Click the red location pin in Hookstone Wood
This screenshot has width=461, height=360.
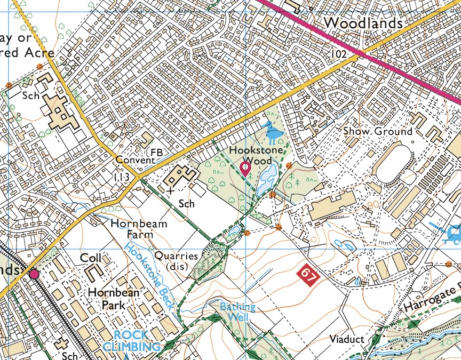pos(245,168)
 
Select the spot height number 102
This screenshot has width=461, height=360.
pos(338,55)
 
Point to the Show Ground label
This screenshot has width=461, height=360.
pos(377,131)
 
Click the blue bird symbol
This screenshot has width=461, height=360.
pos(273,132)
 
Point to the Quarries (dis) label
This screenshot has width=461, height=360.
pos(176,261)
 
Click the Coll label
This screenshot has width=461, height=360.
pos(91,258)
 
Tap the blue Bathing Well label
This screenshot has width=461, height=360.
pos(238,312)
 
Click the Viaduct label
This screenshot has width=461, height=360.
pos(347,339)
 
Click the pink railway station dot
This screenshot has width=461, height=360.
pos(33,274)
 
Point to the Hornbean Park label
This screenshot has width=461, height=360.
pos(114,298)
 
